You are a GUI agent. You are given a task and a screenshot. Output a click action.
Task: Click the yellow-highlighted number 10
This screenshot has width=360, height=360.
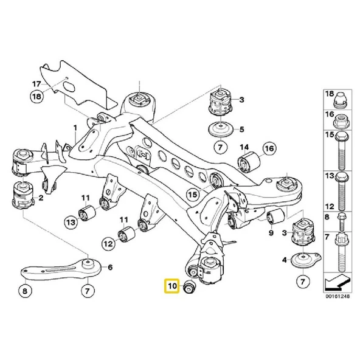[171, 285]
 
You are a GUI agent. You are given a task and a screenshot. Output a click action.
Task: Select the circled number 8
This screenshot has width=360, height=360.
[24, 292]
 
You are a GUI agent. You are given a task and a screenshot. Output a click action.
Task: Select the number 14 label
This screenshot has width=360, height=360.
[244, 147]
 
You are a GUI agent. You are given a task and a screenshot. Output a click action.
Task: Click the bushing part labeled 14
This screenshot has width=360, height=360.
[248, 163]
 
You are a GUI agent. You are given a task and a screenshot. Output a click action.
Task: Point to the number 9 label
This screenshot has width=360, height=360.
[270, 232]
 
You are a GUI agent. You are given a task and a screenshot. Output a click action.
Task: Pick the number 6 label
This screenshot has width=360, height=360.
[110, 267]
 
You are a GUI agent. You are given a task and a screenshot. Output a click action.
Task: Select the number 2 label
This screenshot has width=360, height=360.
[41, 198]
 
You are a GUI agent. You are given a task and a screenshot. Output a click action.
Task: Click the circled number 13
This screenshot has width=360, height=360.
[71, 224]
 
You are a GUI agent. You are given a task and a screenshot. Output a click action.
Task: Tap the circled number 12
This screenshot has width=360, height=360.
[108, 244]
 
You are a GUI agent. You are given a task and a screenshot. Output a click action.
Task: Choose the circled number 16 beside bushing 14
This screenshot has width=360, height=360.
[269, 148]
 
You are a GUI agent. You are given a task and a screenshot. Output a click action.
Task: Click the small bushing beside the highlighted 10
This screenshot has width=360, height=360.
[189, 287]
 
